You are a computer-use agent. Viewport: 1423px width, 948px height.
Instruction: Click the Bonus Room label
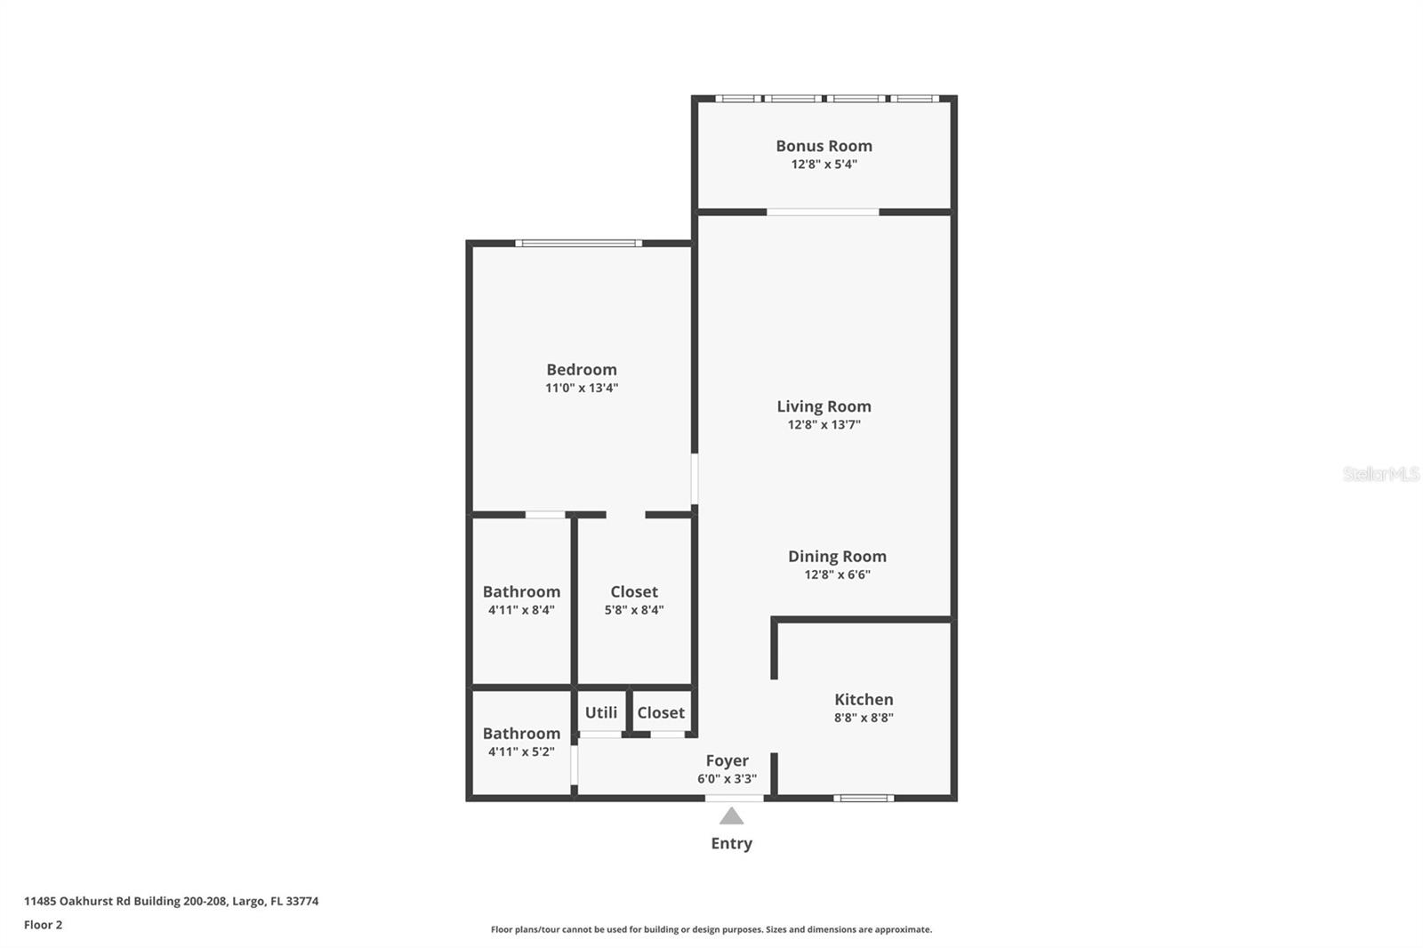[824, 146]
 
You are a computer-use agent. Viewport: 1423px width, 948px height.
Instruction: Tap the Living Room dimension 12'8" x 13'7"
[824, 425]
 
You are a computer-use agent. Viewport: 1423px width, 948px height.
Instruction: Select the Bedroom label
[581, 369]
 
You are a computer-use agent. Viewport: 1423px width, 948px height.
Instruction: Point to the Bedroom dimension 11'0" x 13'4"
[581, 388]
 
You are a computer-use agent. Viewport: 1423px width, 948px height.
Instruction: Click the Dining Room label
[837, 557]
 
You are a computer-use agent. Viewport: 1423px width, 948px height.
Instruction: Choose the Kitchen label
[864, 700]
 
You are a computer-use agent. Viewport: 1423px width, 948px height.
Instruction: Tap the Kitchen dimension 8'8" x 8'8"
[864, 718]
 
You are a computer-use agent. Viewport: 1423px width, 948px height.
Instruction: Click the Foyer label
[727, 760]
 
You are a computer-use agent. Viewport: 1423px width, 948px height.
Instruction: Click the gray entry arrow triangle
[731, 816]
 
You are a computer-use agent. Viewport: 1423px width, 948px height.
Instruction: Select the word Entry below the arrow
[731, 843]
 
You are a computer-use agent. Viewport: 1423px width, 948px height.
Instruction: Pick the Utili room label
[601, 712]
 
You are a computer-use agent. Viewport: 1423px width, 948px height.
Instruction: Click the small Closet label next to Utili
[661, 712]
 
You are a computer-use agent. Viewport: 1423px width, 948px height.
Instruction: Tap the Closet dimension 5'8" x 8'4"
[634, 610]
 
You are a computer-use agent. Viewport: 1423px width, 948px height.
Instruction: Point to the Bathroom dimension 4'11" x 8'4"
[521, 610]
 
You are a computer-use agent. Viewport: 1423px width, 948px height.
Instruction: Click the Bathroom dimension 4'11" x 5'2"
[521, 751]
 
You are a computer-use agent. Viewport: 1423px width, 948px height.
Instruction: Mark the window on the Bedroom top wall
[578, 243]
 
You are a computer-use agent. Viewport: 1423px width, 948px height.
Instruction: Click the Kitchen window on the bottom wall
[864, 798]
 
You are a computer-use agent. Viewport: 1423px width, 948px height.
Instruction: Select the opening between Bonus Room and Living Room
[823, 212]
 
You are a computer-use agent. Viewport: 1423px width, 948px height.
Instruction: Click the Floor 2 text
[43, 925]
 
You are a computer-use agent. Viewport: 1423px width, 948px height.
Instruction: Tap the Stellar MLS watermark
[1380, 474]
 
